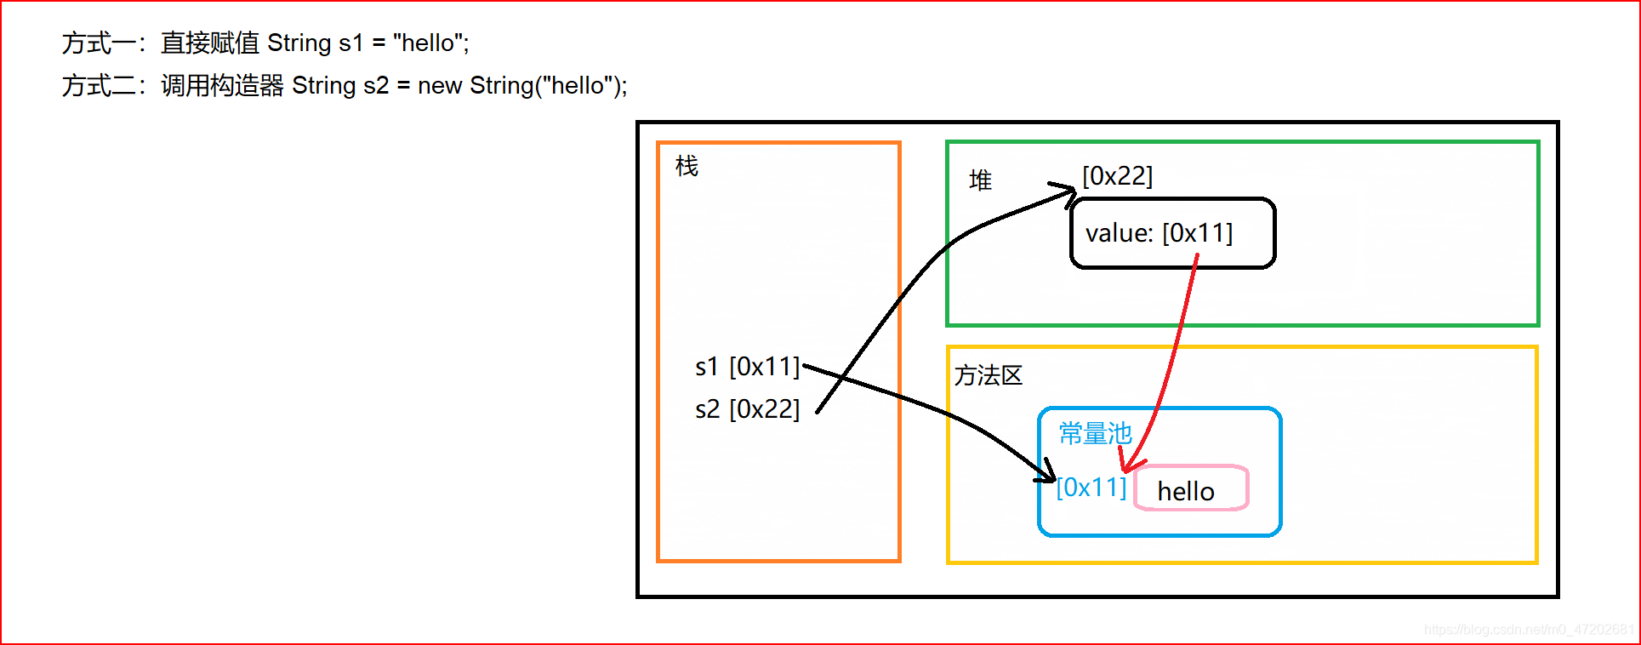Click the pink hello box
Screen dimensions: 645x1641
click(1191, 488)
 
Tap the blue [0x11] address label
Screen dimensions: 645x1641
click(1091, 488)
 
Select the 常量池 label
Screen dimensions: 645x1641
click(1095, 433)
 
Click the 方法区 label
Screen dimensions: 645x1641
click(988, 375)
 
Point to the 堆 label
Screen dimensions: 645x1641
click(980, 180)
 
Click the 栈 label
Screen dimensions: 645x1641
click(687, 166)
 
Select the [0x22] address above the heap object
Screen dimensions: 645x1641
click(1117, 176)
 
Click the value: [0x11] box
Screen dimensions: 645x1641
click(1172, 233)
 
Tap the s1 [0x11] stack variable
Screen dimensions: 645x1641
click(747, 367)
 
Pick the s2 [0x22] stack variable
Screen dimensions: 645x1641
click(747, 409)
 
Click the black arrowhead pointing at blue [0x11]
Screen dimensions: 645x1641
click(1049, 472)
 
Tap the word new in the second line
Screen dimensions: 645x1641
click(439, 85)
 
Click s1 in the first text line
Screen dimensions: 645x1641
click(350, 43)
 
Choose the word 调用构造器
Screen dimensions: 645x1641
click(221, 85)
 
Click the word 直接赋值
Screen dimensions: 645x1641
click(209, 43)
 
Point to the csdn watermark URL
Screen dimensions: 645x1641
click(1528, 630)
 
